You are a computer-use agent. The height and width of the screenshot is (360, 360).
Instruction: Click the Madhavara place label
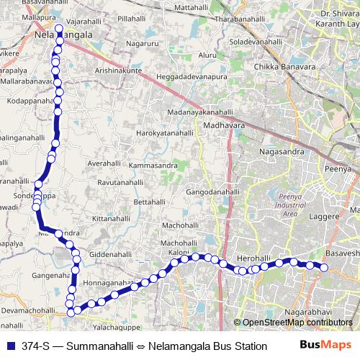pos(225,125)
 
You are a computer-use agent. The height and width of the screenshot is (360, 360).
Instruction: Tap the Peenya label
pos(342,168)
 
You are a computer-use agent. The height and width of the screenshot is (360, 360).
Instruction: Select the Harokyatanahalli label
pos(165,134)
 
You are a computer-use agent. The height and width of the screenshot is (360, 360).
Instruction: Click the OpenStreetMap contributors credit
pos(297,323)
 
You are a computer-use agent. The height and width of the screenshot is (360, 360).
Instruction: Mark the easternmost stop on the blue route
pos(324,268)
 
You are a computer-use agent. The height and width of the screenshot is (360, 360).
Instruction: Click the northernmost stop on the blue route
pos(59,22)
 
